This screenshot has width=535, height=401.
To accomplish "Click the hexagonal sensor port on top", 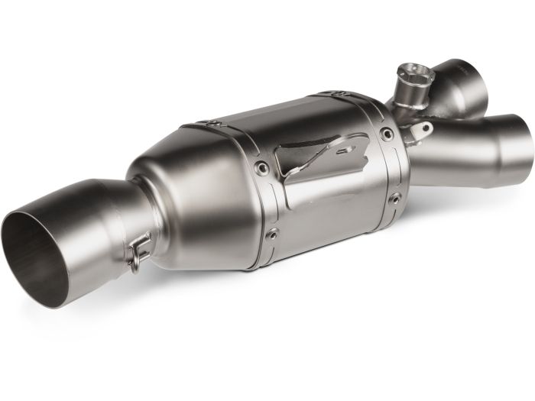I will (x=416, y=76).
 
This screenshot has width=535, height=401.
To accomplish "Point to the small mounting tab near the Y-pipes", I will (x=419, y=134).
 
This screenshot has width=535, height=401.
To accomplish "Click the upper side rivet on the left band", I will (x=262, y=168).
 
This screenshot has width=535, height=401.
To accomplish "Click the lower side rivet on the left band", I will (x=272, y=234).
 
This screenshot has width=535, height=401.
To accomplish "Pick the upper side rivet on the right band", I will (x=387, y=134).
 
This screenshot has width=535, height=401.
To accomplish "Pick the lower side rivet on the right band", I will (x=394, y=199).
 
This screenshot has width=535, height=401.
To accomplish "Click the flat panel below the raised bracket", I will (x=329, y=206).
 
